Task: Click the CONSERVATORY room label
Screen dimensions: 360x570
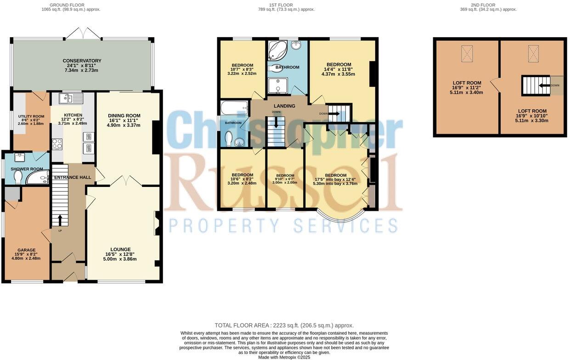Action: pos(82,61)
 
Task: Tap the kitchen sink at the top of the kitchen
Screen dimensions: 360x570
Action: pos(70,98)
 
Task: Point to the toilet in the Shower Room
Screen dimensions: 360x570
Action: pos(18,176)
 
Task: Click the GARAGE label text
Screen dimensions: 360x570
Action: pos(26,250)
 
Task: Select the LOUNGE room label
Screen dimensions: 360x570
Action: pos(120,249)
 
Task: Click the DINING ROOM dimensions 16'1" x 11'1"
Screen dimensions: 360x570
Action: pos(124,120)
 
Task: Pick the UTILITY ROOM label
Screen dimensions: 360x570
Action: pos(31,117)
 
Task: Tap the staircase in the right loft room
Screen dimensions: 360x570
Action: pos(536,85)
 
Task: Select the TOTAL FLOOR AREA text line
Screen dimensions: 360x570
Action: pos(284,325)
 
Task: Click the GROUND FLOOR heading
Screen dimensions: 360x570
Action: pos(67,5)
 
